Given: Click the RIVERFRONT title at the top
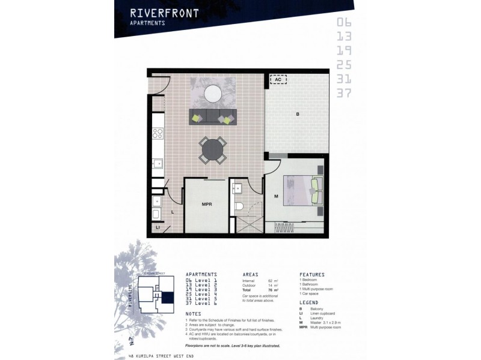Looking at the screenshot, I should tap(164, 12).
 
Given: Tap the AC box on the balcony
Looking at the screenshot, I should tap(278, 79).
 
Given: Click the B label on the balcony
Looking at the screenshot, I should tap(296, 114).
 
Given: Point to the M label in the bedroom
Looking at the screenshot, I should tap(276, 196).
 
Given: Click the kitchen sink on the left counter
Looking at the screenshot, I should tap(158, 163).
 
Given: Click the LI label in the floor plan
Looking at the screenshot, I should tap(158, 227).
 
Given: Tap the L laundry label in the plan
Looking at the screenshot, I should tap(172, 212).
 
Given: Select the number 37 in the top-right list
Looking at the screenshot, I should tap(345, 92).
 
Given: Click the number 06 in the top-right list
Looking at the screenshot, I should tap(345, 23).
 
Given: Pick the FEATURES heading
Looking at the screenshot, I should tap(313, 273).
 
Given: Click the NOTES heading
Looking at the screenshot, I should tap(194, 313).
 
